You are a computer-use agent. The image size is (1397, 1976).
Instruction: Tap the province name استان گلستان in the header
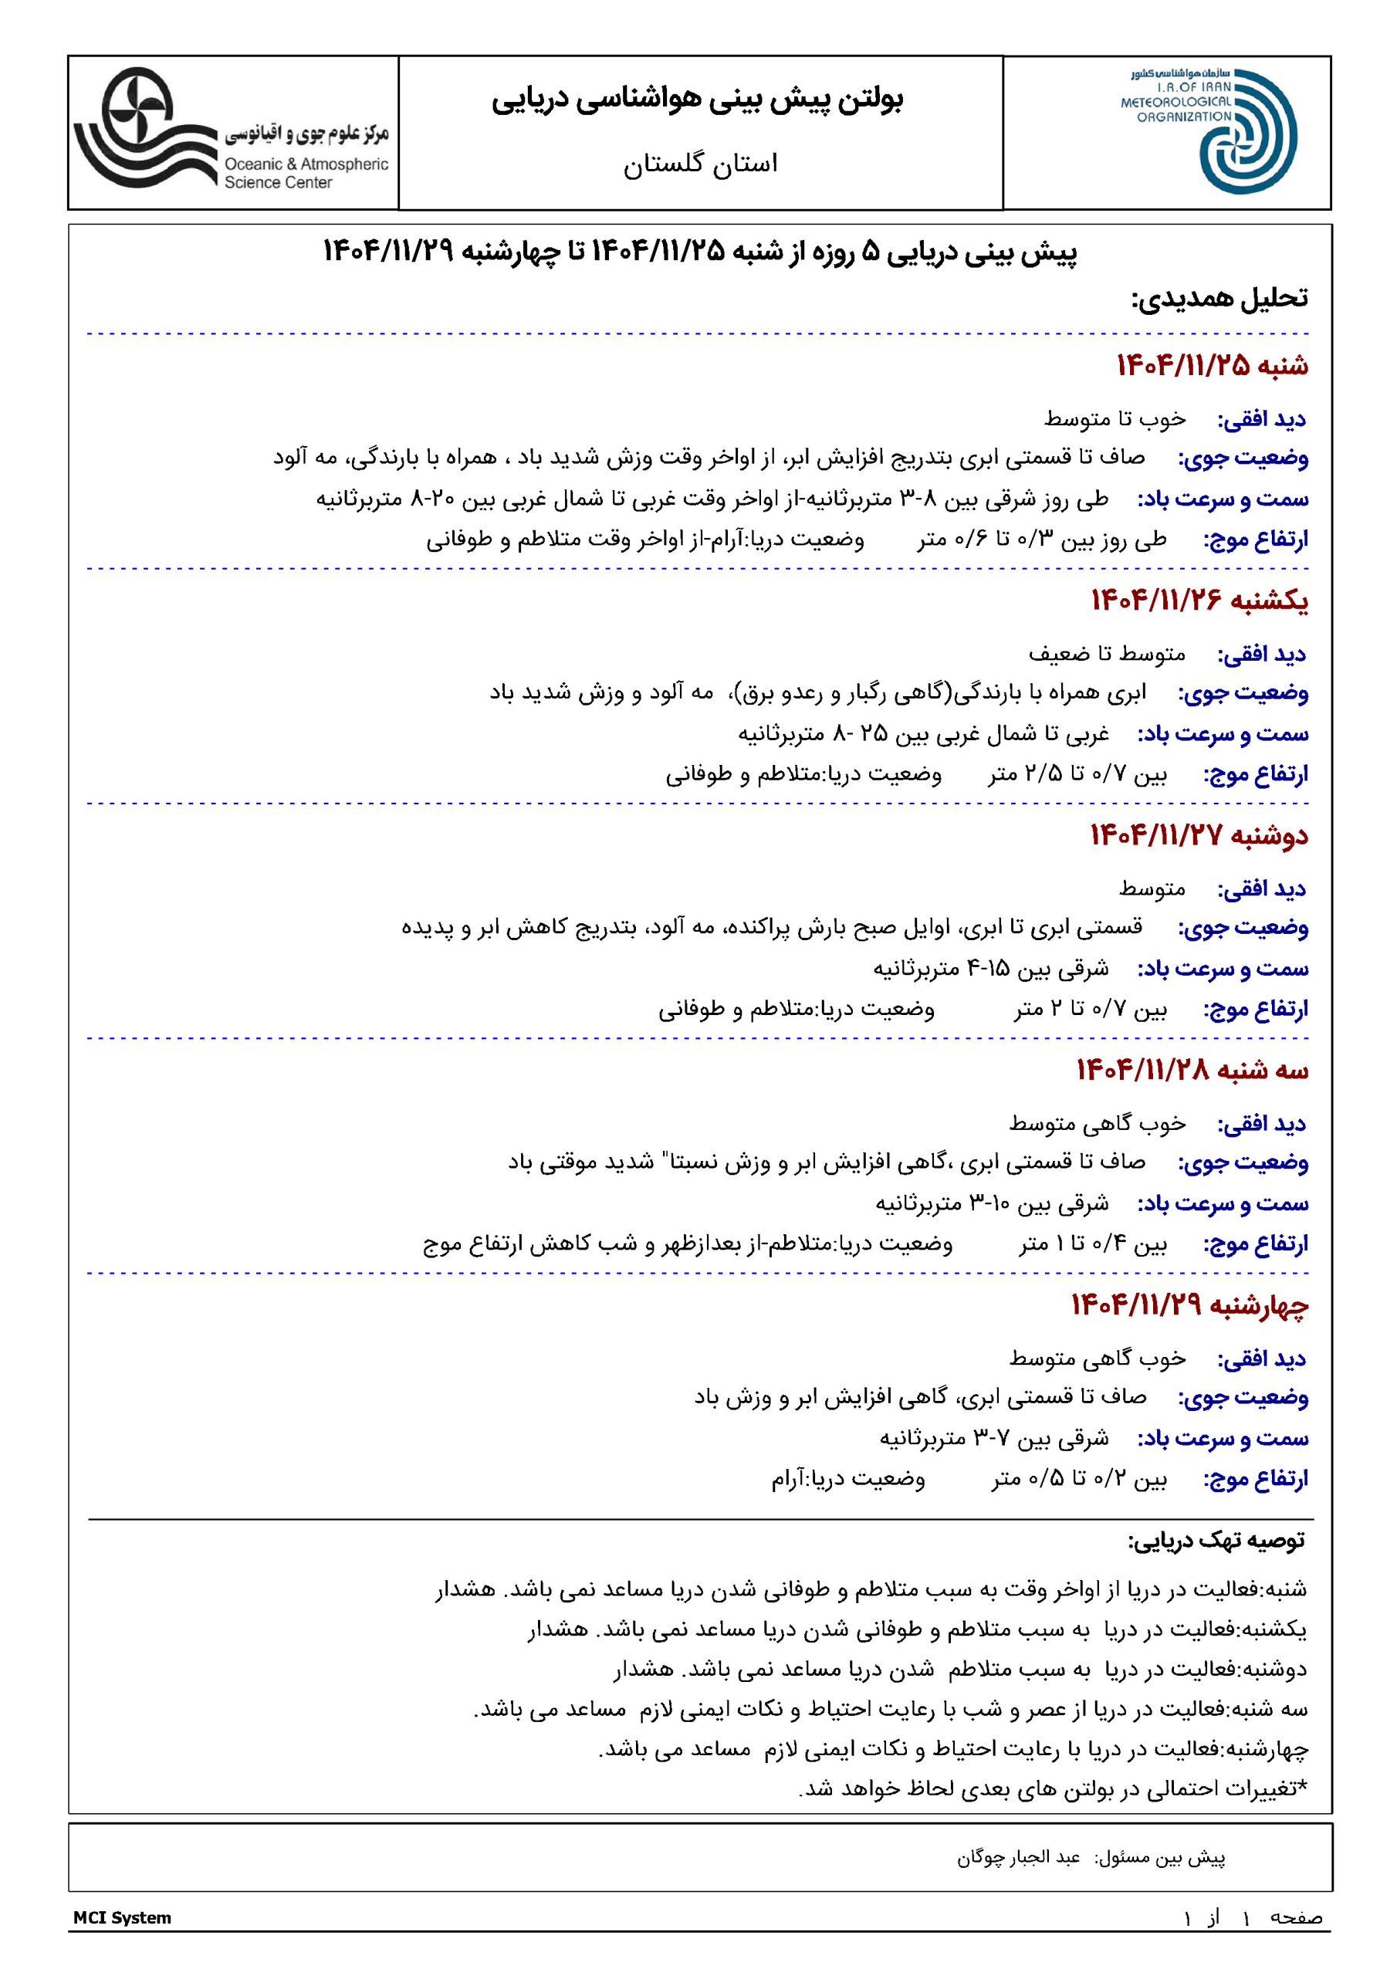(700, 164)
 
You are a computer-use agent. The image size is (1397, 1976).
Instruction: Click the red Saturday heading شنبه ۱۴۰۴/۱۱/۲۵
(1212, 366)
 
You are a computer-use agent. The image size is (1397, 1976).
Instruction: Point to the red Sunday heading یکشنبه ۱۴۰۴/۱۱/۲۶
(1199, 601)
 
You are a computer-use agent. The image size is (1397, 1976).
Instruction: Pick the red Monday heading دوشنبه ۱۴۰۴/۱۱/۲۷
(1198, 836)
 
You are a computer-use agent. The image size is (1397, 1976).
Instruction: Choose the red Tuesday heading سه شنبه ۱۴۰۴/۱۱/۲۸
(1192, 1071)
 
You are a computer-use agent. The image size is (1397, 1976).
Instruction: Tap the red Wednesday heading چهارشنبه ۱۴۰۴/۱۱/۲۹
(1189, 1305)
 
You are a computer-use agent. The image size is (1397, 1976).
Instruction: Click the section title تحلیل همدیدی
(1219, 299)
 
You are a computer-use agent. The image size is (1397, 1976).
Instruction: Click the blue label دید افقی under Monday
(1261, 890)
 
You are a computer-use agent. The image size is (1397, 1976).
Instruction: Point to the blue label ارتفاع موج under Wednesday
(1255, 1480)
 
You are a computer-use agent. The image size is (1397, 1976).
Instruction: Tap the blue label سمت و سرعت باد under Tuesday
(1223, 1204)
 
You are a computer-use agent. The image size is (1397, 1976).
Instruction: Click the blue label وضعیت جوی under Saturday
(1243, 458)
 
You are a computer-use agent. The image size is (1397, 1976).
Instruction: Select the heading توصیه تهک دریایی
(1216, 1541)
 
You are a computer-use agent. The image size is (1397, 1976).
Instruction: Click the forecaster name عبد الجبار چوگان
(1018, 1858)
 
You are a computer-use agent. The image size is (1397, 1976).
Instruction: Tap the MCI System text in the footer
(122, 1917)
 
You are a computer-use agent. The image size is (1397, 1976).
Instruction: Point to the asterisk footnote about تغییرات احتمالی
(1052, 1789)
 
